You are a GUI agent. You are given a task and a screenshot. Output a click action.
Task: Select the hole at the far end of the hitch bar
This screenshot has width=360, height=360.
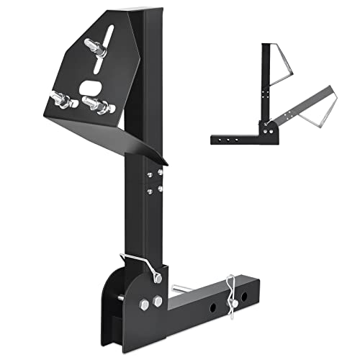(248, 297)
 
